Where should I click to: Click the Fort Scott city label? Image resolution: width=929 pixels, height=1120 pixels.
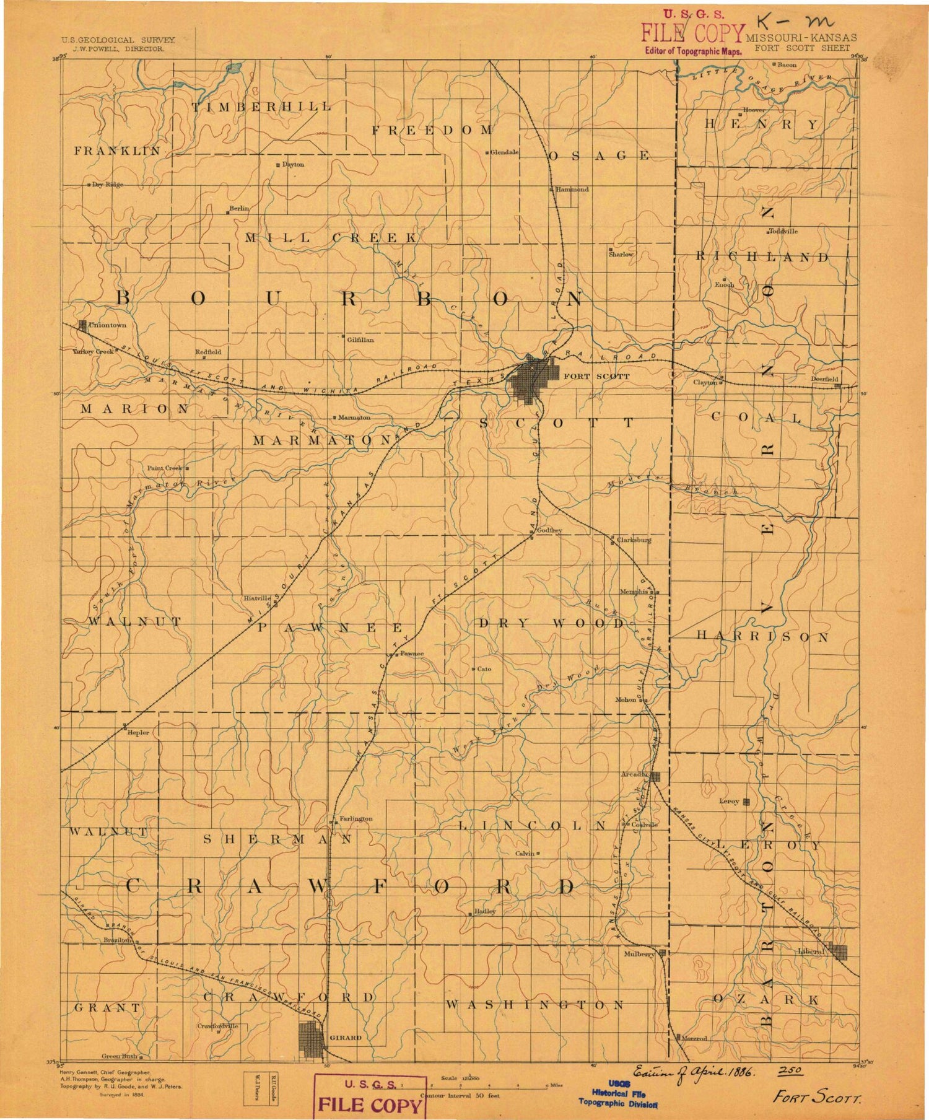pos(587,376)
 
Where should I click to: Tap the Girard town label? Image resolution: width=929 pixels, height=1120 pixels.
pos(346,1037)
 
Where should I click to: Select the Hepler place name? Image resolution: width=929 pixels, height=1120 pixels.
pos(138,732)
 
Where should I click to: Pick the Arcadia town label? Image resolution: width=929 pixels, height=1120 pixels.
pos(635,774)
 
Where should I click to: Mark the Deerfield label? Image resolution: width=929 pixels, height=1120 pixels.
pos(824,378)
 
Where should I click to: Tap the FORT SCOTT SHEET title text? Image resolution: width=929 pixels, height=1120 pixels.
pos(803,48)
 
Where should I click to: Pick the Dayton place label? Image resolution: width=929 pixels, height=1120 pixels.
pos(293,165)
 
